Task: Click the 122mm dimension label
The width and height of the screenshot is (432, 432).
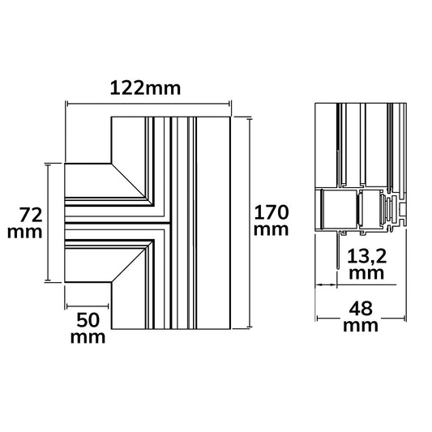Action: [145, 88]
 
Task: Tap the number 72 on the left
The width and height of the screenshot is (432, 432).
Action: [31, 215]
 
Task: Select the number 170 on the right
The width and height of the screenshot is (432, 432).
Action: [271, 212]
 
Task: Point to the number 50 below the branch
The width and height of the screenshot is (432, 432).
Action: [88, 320]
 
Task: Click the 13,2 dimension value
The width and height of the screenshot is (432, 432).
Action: [366, 256]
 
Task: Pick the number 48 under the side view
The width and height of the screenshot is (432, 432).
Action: [361, 309]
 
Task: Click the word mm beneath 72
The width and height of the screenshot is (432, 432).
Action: [25, 233]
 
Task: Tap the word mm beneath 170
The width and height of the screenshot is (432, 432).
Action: [271, 230]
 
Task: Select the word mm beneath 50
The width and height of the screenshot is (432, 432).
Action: [88, 337]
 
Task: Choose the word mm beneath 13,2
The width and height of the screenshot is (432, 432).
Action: [366, 274]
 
